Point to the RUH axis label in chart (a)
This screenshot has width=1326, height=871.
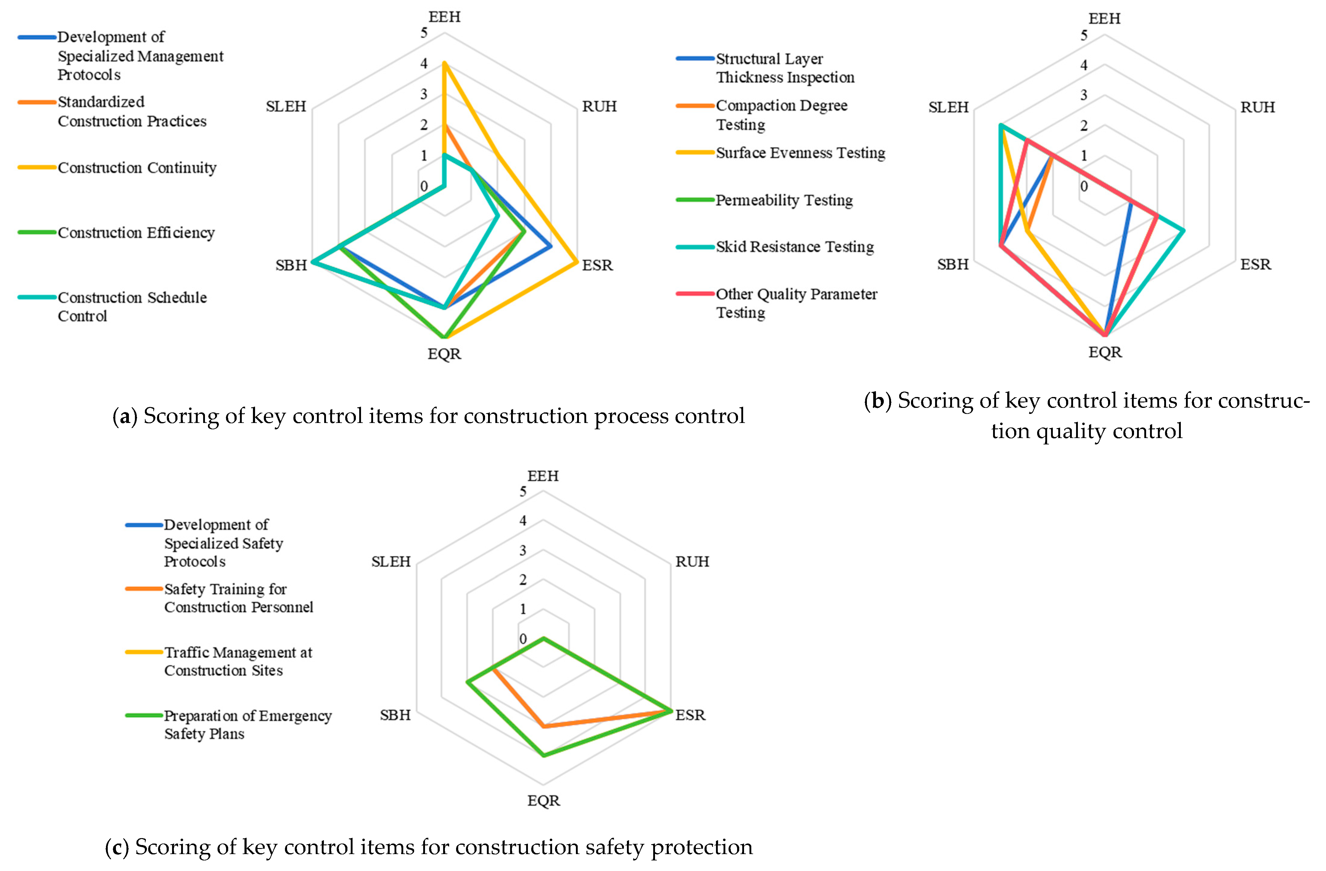tap(599, 107)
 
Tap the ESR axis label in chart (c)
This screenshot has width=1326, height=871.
tap(690, 715)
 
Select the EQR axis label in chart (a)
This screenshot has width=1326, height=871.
tap(444, 354)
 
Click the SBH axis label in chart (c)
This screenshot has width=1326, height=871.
tap(395, 715)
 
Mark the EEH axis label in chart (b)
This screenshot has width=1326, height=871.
tap(1104, 18)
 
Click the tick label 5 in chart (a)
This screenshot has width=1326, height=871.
tap(424, 33)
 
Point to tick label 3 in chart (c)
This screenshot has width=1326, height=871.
tap(522, 551)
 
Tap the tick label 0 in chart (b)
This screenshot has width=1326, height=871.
tap(1084, 187)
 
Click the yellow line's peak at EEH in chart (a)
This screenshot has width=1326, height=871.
tap(444, 63)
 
